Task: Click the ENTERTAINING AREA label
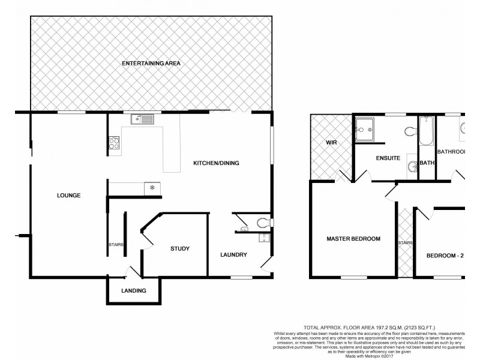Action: tap(151, 63)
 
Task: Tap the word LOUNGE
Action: tap(69, 195)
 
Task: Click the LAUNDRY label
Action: tap(233, 254)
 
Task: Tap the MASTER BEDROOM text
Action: tap(353, 239)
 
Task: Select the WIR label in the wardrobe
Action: tap(332, 143)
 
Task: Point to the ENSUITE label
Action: tap(388, 159)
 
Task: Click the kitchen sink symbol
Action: tap(143, 119)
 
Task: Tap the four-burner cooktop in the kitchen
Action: tap(114, 143)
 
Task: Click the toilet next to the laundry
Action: tap(263, 223)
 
